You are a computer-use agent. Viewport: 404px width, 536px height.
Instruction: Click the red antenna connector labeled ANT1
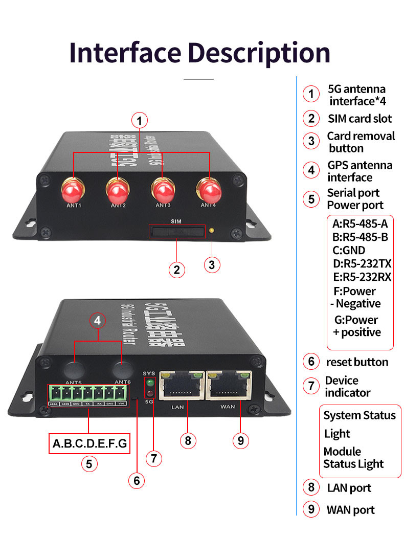click(72, 191)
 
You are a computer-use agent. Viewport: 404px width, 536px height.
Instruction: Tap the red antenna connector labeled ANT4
click(209, 191)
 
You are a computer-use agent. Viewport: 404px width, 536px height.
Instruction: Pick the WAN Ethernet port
click(229, 385)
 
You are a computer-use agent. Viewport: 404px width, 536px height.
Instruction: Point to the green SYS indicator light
click(149, 382)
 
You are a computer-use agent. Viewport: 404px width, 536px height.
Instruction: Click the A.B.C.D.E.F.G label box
click(89, 443)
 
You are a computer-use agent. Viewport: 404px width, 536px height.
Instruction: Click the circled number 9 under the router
click(240, 440)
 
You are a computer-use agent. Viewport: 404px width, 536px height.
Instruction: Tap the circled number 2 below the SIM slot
click(177, 270)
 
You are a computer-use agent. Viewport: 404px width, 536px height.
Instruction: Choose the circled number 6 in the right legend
click(311, 362)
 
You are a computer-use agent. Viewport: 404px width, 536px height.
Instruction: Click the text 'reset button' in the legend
click(357, 362)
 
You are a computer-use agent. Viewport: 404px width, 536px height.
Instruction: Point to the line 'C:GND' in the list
click(349, 251)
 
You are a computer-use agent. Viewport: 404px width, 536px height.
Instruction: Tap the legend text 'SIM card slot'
click(360, 119)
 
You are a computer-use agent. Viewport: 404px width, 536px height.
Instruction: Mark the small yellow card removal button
click(212, 231)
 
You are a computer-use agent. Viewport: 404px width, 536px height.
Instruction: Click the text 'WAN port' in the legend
click(351, 510)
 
